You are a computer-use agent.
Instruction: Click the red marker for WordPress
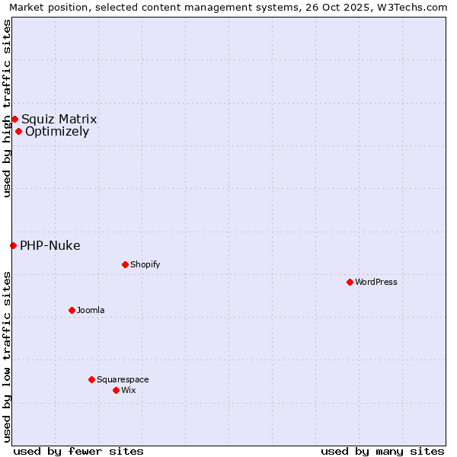coord(350,282)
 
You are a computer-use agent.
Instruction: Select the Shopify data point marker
coord(125,264)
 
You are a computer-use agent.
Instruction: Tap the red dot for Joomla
coord(72,310)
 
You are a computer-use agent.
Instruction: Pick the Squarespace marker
coord(91,379)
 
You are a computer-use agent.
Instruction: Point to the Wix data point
coord(116,390)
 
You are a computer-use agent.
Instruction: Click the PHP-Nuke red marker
coord(13,245)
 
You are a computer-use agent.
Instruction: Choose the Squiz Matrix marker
coord(14,119)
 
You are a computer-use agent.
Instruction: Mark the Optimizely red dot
coord(18,131)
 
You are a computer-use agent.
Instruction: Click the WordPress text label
coord(376,282)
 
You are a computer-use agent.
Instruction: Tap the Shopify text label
coord(145,264)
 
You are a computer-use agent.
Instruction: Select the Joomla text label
coord(91,310)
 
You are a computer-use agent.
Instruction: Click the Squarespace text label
coord(123,379)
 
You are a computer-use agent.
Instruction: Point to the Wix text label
coord(128,390)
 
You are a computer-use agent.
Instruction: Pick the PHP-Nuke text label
coord(50,245)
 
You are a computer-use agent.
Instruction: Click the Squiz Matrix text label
coord(59,119)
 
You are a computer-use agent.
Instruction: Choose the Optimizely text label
coord(57,131)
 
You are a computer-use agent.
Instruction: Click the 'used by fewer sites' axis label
coord(78,451)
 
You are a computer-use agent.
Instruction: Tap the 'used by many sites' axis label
coord(382,451)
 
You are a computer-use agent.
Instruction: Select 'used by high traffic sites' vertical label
coord(7,108)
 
